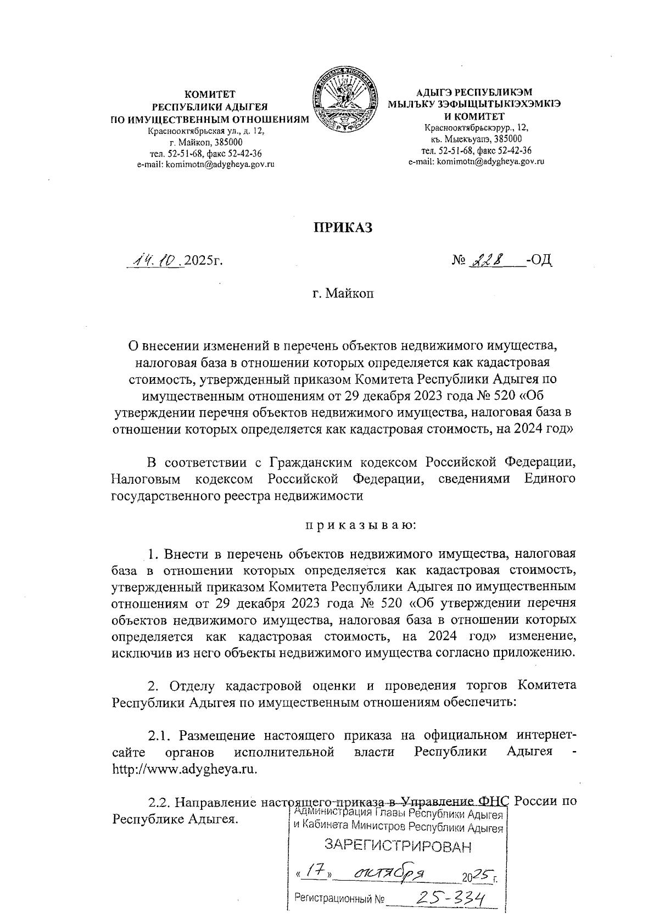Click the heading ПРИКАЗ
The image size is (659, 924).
[x=343, y=227]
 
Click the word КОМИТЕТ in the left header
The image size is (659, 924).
[x=209, y=94]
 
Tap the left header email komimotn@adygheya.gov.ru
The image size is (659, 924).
[x=205, y=164]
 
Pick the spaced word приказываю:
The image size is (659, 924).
[x=361, y=525]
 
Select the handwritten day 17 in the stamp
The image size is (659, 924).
[x=314, y=873]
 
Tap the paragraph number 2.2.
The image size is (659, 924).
[x=160, y=802]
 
